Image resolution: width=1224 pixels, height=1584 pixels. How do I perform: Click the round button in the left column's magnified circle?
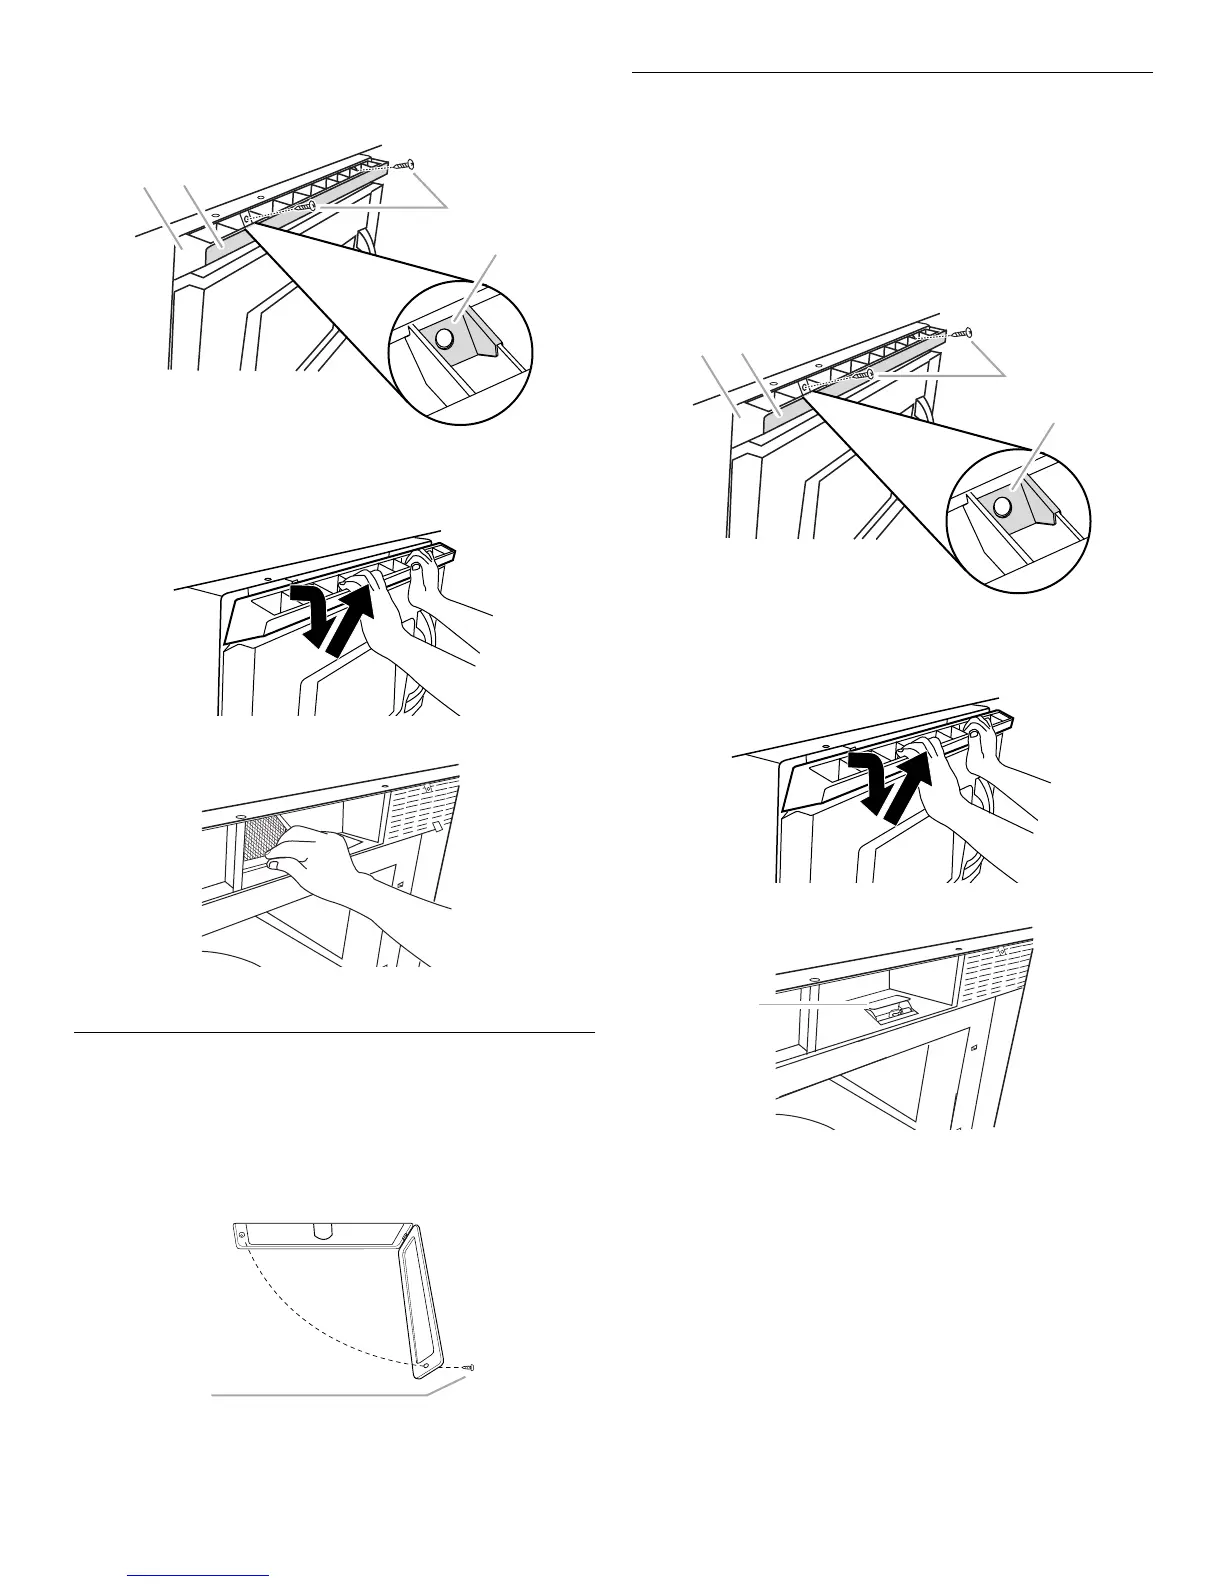[445, 337]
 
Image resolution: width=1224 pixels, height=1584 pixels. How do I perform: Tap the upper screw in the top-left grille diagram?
[405, 164]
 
